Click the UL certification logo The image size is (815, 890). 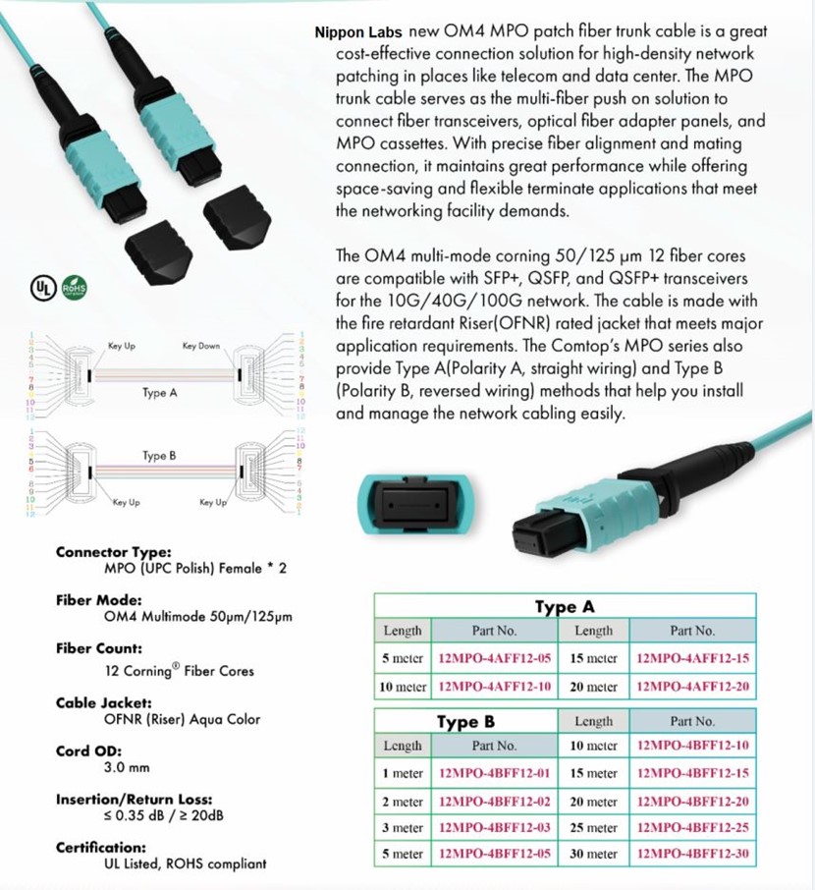click(41, 289)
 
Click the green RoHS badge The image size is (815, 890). click(75, 289)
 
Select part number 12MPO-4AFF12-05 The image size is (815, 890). click(494, 657)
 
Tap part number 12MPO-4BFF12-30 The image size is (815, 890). click(692, 854)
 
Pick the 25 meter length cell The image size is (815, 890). click(593, 827)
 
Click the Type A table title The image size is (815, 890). click(564, 606)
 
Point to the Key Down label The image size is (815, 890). click(201, 346)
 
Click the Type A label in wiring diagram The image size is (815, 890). click(159, 393)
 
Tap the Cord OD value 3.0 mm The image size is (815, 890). click(127, 767)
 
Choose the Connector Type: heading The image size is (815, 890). click(113, 552)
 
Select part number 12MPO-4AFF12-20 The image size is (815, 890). click(692, 686)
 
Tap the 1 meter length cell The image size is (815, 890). click(403, 774)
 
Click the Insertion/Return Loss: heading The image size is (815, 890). click(134, 800)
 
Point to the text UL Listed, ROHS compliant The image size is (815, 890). click(185, 863)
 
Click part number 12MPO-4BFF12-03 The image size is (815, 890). click(494, 827)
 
